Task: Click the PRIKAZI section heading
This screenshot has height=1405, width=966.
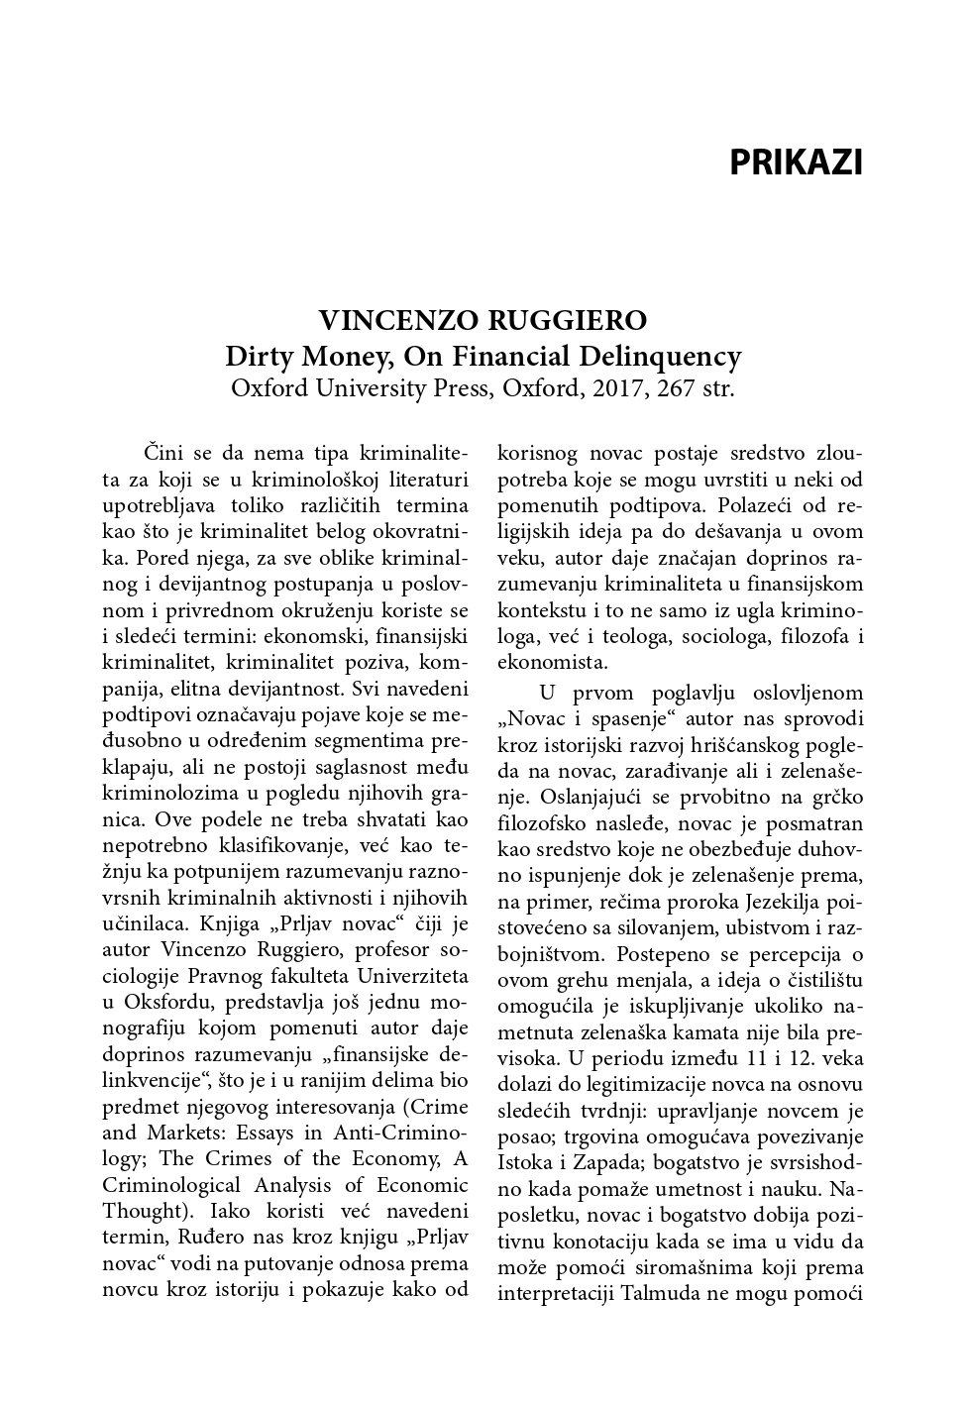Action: point(796,162)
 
